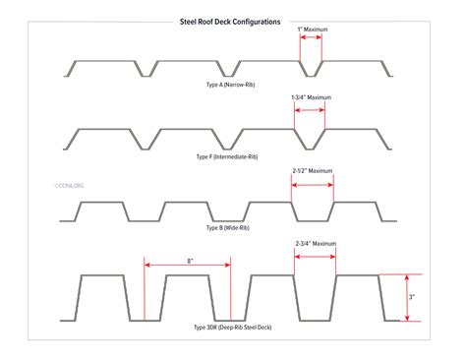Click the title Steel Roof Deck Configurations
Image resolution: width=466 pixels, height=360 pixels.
[230, 20]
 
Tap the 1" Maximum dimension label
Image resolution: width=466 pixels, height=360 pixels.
[313, 30]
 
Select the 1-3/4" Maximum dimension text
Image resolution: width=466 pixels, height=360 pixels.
[311, 97]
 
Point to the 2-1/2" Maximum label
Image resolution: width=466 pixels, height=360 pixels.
[314, 170]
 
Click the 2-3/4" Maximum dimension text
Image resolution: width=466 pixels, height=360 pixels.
[316, 243]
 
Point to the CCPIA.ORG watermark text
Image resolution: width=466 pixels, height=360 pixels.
[65, 183]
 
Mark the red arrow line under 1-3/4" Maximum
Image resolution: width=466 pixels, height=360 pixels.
[310, 109]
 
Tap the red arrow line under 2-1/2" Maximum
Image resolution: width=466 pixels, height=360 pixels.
[313, 182]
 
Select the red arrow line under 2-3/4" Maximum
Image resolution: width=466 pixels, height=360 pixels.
[316, 254]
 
